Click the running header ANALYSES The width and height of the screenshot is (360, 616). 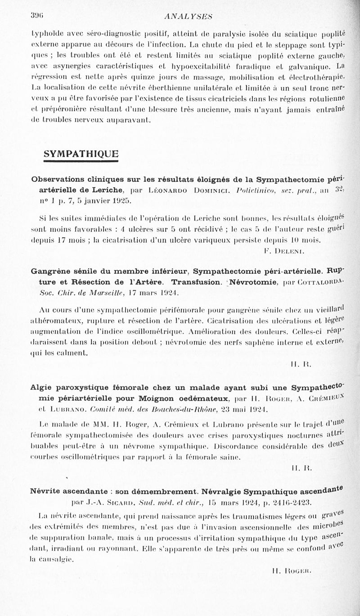pyautogui.click(x=188, y=16)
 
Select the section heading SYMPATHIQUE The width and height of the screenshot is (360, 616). pyautogui.click(x=81, y=154)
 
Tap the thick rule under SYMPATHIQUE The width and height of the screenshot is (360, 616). pyautogui.click(x=81, y=161)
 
